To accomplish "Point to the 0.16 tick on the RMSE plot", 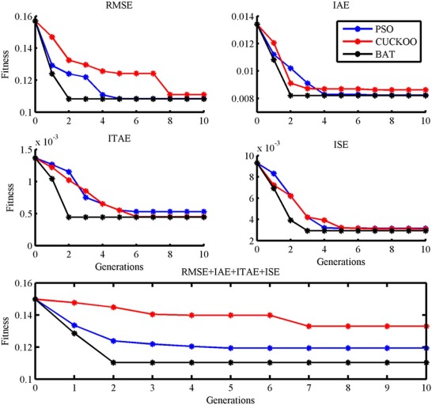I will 20,17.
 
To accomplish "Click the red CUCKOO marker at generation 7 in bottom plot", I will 307,326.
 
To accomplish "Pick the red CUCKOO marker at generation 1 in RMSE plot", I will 52,36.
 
